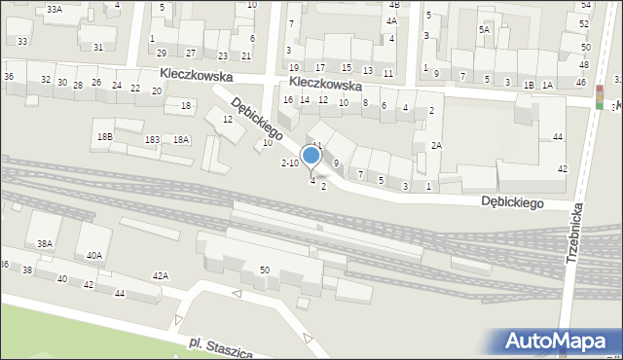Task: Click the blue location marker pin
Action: click(x=311, y=157)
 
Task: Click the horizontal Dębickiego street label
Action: click(x=524, y=202)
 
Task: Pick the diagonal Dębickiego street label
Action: click(x=257, y=116)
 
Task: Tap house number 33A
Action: click(x=55, y=9)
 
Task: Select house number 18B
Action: click(x=104, y=137)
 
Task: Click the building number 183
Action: click(x=152, y=140)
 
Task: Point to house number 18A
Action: click(x=181, y=140)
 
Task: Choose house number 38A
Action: click(x=44, y=243)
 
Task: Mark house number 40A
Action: click(x=93, y=256)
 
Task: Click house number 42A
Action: click(x=161, y=276)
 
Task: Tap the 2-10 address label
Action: click(x=290, y=162)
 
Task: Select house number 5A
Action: click(x=484, y=30)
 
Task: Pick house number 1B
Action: click(x=529, y=86)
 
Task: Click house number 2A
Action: click(x=437, y=145)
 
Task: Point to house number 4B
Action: click(x=393, y=6)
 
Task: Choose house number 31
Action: click(x=97, y=47)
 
